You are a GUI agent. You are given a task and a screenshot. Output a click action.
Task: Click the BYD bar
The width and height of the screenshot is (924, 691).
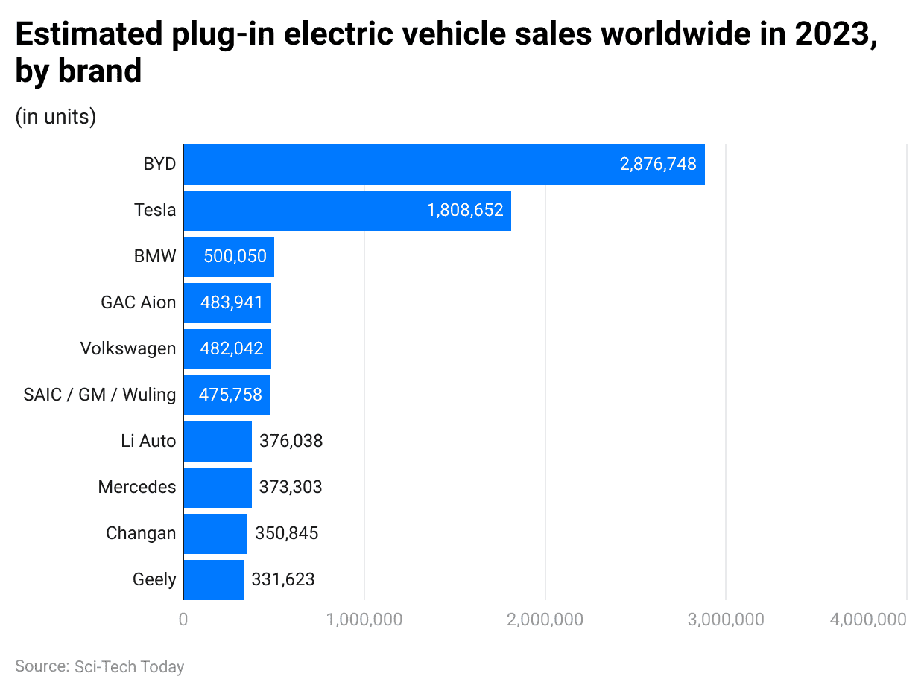pyautogui.click(x=443, y=165)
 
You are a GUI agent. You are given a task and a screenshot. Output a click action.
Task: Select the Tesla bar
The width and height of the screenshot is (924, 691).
pyautogui.click(x=346, y=211)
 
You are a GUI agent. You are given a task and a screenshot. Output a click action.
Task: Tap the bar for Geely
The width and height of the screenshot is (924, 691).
pyautogui.click(x=214, y=579)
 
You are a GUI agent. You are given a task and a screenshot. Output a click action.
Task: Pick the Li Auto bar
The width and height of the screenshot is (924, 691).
pyautogui.click(x=218, y=441)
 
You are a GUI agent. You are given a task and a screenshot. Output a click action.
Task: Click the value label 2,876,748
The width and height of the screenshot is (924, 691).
pyautogui.click(x=658, y=165)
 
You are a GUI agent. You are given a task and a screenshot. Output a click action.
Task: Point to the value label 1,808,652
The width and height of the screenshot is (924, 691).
pyautogui.click(x=465, y=211)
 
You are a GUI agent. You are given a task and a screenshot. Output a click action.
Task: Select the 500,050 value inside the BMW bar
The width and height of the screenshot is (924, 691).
pyautogui.click(x=235, y=257)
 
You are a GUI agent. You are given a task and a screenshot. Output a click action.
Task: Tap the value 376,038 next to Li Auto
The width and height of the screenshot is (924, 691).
pyautogui.click(x=291, y=441)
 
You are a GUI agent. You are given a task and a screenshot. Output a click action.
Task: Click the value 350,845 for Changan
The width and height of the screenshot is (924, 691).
pyautogui.click(x=286, y=533)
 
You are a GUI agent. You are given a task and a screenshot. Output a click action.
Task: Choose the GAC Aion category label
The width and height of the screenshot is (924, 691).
pyautogui.click(x=139, y=302)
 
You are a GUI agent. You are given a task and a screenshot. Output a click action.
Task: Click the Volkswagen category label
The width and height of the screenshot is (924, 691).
pyautogui.click(x=128, y=348)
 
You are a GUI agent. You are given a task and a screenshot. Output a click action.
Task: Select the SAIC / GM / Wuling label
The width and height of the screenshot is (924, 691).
pyautogui.click(x=100, y=395)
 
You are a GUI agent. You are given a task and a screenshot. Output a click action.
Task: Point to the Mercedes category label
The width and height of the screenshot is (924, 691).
pyautogui.click(x=137, y=487)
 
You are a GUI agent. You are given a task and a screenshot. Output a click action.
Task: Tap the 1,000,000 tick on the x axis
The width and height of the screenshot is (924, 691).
pyautogui.click(x=364, y=620)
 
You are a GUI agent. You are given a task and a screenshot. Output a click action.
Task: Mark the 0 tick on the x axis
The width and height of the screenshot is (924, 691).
pyautogui.click(x=183, y=620)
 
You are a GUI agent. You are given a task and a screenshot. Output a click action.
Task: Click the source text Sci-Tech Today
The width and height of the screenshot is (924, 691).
pyautogui.click(x=129, y=666)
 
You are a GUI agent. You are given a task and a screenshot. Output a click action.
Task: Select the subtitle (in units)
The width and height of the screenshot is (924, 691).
pyautogui.click(x=56, y=118)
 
